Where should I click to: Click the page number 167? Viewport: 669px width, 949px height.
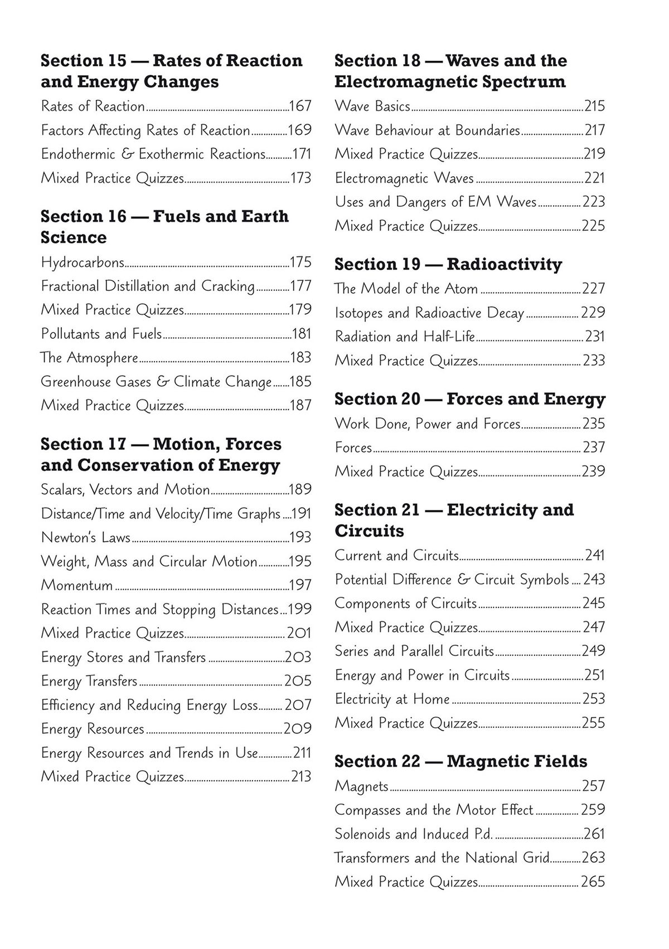300,106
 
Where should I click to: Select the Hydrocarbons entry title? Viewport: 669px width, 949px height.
83,262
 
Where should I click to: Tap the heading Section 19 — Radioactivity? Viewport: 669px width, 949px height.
448,264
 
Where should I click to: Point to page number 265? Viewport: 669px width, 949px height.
593,882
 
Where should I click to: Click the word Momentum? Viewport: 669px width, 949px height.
77,585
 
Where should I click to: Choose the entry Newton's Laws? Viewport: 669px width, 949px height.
85,537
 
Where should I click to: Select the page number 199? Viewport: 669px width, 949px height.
300,609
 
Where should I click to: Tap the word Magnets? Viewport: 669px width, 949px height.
361,786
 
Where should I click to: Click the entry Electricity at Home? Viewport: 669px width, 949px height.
392,699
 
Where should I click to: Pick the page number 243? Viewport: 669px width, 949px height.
594,580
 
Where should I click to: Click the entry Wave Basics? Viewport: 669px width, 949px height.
372,106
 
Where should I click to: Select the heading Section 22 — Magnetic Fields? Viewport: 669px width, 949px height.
460,761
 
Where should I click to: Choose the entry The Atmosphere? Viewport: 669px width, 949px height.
89,357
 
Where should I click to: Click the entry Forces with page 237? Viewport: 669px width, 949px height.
353,447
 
